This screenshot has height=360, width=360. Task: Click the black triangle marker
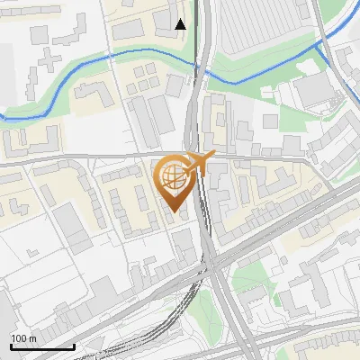pos(181,23)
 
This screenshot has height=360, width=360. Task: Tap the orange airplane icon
pos(200,163)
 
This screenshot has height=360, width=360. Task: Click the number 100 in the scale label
pos(20,337)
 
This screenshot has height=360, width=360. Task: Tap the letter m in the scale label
pos(32,337)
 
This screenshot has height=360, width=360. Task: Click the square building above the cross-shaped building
pos(40,34)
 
